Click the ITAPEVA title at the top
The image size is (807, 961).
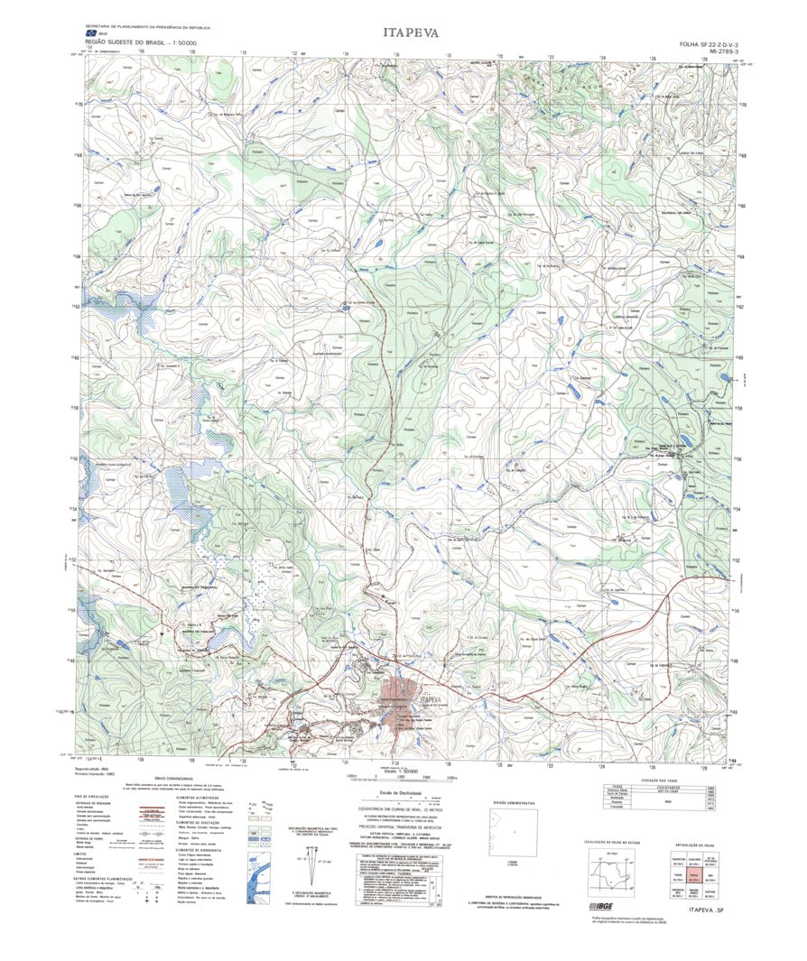pyautogui.click(x=411, y=32)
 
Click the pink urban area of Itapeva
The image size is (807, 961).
pyautogui.click(x=401, y=713)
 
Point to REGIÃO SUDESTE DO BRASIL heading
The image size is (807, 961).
pyautogui.click(x=142, y=42)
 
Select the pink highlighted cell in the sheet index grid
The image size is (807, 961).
pyautogui.click(x=694, y=874)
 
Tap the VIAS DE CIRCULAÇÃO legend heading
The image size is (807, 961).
pyautogui.click(x=95, y=797)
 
